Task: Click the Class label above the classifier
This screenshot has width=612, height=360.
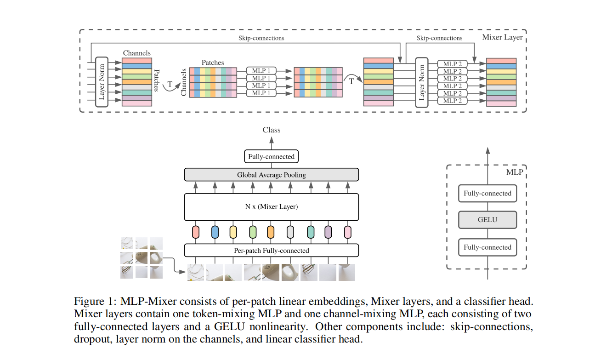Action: (x=271, y=130)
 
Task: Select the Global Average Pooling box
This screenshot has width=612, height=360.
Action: (x=271, y=175)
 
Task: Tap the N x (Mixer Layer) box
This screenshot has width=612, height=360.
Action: (x=271, y=207)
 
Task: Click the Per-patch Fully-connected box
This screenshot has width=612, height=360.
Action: (x=271, y=251)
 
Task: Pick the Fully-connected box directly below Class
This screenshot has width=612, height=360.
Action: (x=271, y=157)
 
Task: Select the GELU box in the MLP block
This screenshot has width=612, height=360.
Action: (x=487, y=220)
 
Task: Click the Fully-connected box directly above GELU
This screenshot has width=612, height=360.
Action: (x=487, y=194)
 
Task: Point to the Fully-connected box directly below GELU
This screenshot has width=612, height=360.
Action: (x=487, y=247)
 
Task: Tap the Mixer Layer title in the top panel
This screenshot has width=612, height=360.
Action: (x=502, y=37)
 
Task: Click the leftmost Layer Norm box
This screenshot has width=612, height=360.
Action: (x=102, y=82)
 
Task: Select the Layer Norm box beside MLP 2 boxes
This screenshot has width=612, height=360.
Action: (x=422, y=82)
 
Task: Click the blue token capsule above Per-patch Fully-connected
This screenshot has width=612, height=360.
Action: (x=215, y=232)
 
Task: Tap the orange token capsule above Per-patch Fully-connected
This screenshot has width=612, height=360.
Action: (x=271, y=232)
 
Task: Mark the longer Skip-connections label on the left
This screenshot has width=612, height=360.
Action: (x=261, y=38)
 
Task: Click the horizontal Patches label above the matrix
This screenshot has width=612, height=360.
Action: (x=213, y=63)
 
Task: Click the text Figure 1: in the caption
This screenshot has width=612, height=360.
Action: (x=95, y=302)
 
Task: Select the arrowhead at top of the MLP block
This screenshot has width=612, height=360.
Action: (x=487, y=150)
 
